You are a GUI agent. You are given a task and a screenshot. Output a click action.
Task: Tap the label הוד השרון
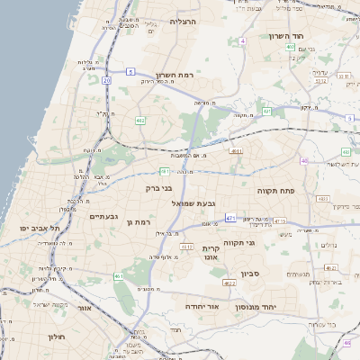[x=288, y=36]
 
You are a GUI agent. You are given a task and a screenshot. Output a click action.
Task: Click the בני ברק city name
[x=157, y=189]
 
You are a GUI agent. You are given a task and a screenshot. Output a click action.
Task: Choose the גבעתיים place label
[x=105, y=217]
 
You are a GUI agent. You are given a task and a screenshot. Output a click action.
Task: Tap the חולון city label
[x=55, y=337]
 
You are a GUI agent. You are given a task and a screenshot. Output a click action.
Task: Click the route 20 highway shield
[x=106, y=80]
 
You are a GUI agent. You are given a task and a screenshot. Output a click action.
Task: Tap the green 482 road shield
[x=140, y=120]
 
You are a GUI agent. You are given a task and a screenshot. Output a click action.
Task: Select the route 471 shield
[x=231, y=218]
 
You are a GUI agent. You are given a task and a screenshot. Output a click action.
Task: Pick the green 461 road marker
[x=120, y=275]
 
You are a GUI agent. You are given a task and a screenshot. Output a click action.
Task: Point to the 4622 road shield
[x=229, y=283]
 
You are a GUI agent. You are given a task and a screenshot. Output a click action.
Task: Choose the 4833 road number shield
[x=323, y=198]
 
